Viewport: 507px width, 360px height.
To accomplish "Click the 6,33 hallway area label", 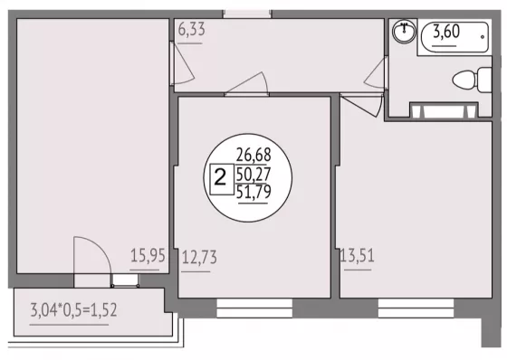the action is tap(191, 30).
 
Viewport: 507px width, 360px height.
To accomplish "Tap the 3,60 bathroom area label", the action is tap(446, 32).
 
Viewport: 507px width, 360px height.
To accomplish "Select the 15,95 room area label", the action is tap(148, 256).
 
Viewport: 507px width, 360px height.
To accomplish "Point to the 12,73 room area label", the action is tap(199, 258).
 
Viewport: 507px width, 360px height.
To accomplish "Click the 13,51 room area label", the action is tap(357, 256).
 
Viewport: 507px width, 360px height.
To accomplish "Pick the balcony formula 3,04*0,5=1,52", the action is tap(73, 310).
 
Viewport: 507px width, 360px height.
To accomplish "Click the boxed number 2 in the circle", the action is tap(222, 179).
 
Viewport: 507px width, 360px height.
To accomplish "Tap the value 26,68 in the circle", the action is tap(253, 155).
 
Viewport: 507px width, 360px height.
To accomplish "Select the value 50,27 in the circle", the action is tap(253, 175).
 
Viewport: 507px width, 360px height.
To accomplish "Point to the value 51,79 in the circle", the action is tap(253, 192).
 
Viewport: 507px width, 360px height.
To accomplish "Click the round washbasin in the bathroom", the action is tap(404, 32).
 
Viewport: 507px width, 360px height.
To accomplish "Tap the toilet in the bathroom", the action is tap(472, 80).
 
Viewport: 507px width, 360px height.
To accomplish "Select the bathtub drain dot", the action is tap(483, 37).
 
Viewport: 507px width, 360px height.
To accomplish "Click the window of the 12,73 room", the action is tap(254, 308).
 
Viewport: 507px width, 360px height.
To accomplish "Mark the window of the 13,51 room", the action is tap(416, 308).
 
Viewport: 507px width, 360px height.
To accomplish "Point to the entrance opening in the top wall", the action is tap(247, 14).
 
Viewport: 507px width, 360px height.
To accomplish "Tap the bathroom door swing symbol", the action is tap(375, 73).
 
